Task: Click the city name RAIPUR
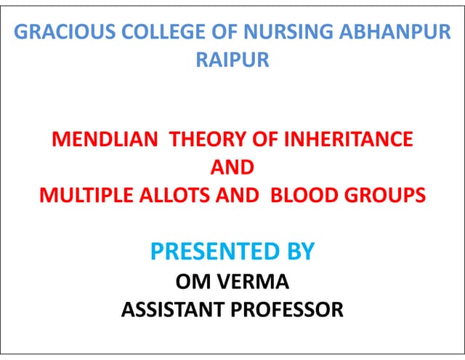(232, 60)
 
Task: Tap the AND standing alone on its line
(232, 167)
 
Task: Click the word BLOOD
(299, 195)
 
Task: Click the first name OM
(191, 281)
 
